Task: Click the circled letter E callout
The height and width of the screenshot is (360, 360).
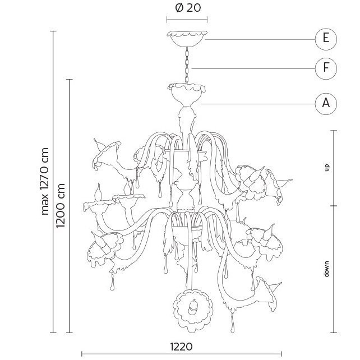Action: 326,39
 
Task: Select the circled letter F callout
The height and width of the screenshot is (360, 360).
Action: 326,68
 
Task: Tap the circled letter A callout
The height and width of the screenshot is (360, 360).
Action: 326,104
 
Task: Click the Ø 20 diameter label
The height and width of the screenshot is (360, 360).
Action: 188,8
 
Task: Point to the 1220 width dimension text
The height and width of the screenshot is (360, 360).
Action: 181,347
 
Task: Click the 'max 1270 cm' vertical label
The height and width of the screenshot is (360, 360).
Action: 45,181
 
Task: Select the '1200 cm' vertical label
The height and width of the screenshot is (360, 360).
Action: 61,205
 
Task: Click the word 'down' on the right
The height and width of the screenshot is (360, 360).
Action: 326,269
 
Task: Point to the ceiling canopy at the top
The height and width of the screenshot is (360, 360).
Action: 187,39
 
